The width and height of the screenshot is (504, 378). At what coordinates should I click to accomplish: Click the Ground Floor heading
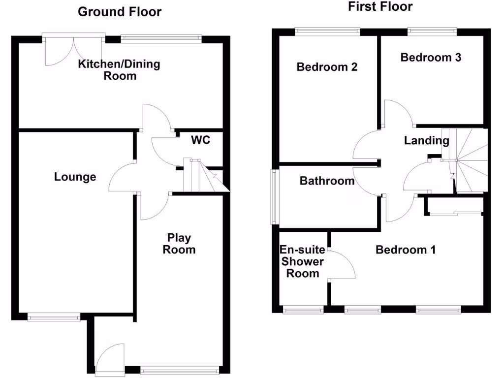(x=120, y=12)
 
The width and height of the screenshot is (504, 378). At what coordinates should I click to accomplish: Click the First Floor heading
(x=380, y=6)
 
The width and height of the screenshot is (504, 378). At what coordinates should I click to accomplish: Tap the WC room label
(x=201, y=140)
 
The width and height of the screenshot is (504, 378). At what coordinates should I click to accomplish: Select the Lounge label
(x=75, y=177)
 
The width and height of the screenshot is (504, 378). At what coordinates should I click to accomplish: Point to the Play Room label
(x=179, y=244)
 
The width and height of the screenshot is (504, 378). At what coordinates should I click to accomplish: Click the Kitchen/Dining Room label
(x=120, y=70)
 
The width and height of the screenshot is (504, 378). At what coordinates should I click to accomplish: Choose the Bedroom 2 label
(x=327, y=67)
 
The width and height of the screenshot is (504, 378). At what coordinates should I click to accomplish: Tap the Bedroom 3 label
(x=431, y=58)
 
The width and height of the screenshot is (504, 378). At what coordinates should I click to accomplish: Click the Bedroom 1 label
(x=406, y=250)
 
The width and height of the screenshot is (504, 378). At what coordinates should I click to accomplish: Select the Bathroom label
(x=327, y=181)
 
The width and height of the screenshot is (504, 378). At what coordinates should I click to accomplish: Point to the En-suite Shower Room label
(x=302, y=261)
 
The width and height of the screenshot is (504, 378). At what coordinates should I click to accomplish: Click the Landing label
(x=427, y=141)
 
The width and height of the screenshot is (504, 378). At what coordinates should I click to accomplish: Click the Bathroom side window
(x=274, y=197)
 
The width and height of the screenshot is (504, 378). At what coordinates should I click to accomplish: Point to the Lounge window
(x=54, y=317)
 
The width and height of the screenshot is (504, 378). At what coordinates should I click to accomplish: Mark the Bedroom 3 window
(x=431, y=32)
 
